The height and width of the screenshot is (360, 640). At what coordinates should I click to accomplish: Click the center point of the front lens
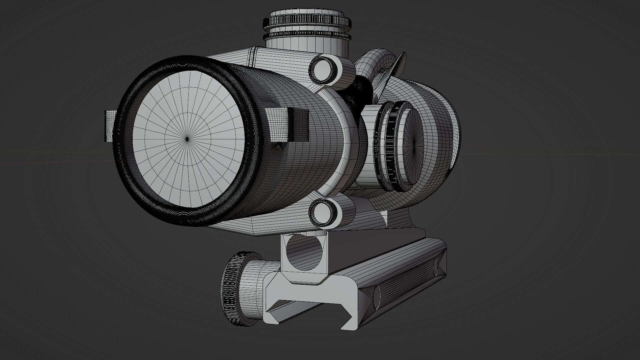coord(187,139)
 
